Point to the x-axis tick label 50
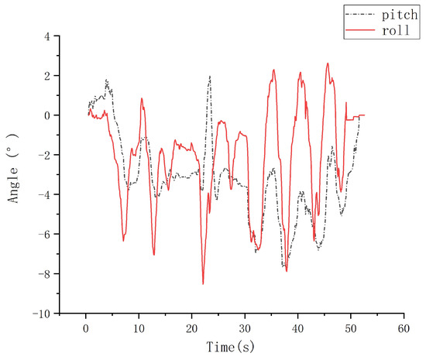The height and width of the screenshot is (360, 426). click(350, 328)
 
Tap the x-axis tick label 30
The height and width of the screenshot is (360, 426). click(245, 328)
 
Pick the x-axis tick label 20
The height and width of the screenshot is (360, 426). click(191, 328)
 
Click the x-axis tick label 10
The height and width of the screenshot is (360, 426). click(139, 328)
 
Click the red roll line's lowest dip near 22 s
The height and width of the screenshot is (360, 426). click(203, 284)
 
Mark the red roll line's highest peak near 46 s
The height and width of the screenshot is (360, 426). click(328, 63)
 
